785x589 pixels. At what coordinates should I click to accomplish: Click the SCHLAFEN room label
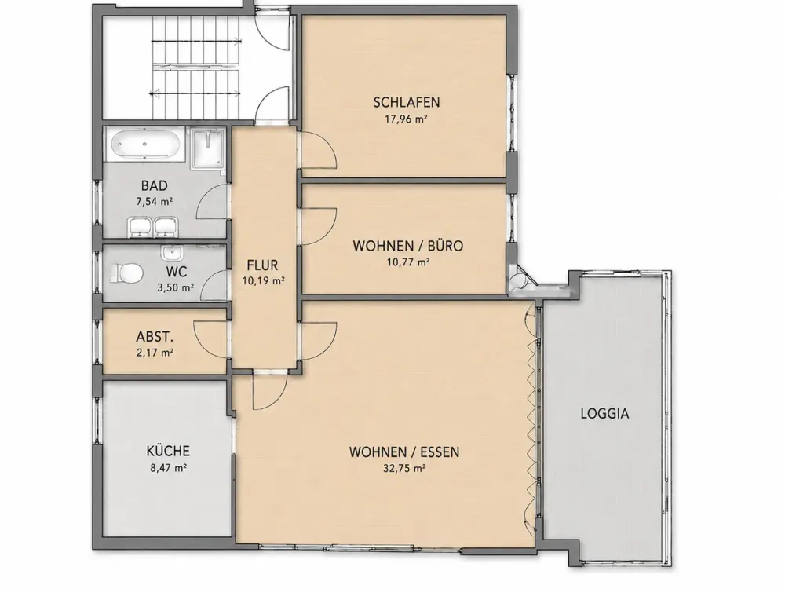[x=407, y=102]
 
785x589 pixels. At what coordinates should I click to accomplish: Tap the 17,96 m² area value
[x=406, y=119]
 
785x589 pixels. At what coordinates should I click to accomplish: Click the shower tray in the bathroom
[x=208, y=148]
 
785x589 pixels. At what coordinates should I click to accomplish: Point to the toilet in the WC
[x=127, y=273]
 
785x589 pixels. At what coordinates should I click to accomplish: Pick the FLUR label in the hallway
[x=262, y=265]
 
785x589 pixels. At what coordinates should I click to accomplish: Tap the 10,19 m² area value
[x=263, y=281]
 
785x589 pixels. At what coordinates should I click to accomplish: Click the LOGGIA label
[x=604, y=414]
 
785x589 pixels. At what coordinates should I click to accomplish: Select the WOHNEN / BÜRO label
[x=408, y=246]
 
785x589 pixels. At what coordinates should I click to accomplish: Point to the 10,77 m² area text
[x=408, y=262]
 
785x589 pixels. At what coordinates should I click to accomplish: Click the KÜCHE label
[x=168, y=451]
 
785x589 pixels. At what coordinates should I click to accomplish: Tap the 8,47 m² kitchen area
[x=168, y=468]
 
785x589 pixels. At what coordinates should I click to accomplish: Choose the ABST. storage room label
[x=155, y=336]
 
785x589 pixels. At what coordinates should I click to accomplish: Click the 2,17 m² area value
[x=155, y=352]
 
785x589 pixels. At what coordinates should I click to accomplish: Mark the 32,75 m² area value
[x=404, y=468]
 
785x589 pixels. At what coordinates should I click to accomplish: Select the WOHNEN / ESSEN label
[x=404, y=452]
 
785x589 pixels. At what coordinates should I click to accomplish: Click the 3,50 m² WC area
[x=175, y=288]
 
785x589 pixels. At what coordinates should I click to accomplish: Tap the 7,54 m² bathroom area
[x=154, y=202]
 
